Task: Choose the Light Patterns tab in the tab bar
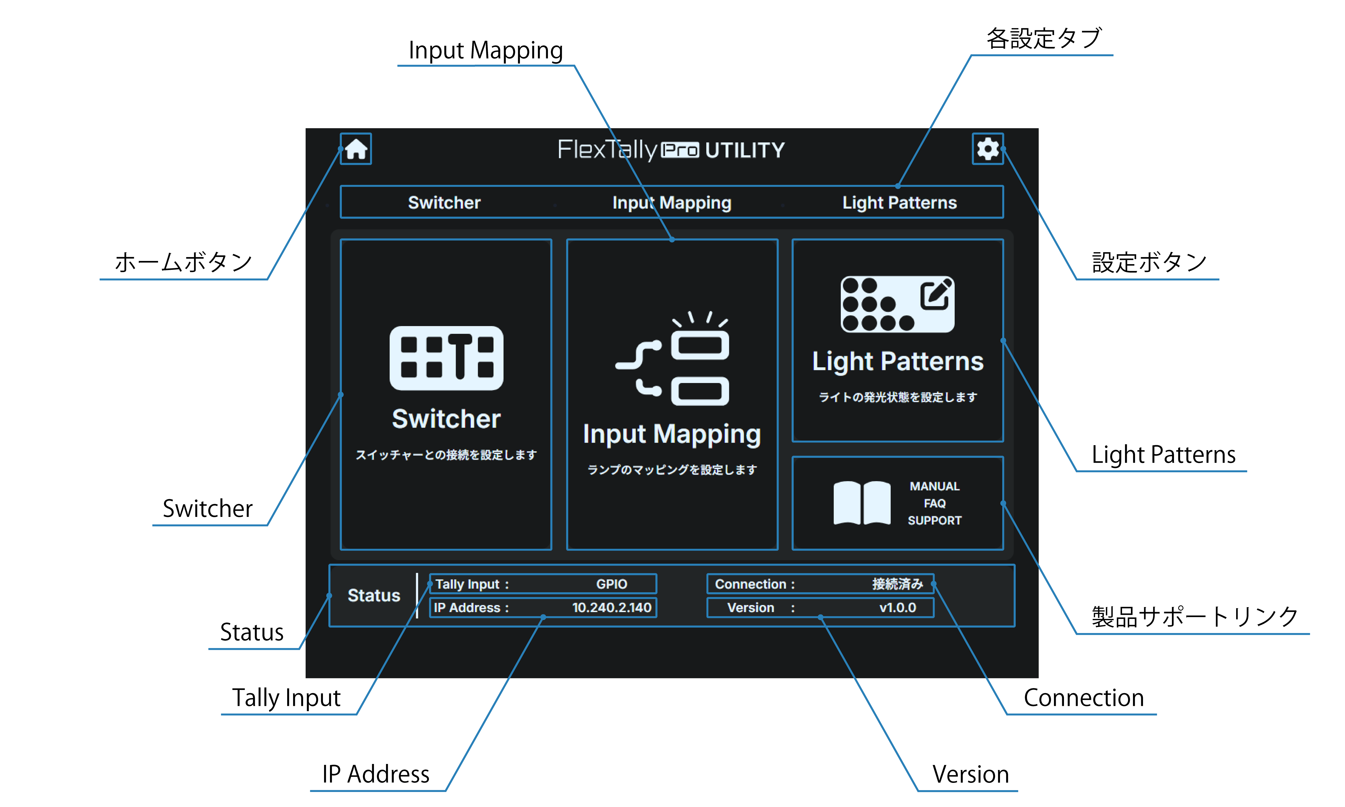click(899, 202)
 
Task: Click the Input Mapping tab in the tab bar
click(672, 202)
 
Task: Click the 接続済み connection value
click(898, 584)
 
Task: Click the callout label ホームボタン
click(183, 262)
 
